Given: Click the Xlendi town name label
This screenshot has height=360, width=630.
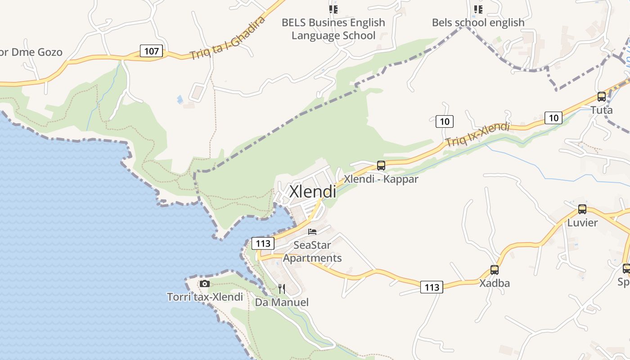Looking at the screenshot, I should click(313, 192).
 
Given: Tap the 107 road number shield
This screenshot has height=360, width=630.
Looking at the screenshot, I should click(151, 51).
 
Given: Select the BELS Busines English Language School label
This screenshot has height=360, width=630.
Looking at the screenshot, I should click(333, 29).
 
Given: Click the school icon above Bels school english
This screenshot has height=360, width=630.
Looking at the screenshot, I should click(478, 9).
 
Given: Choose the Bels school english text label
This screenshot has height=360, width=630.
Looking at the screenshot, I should click(478, 22).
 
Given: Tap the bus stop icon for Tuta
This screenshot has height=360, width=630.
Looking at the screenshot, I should click(602, 96).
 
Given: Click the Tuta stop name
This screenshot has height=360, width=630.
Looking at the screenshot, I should click(602, 110).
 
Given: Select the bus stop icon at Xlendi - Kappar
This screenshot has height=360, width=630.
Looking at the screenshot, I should click(381, 166).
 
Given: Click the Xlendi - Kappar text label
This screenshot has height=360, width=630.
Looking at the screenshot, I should click(381, 179).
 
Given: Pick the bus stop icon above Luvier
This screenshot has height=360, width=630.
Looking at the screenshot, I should click(582, 209).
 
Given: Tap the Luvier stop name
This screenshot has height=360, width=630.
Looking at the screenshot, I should click(582, 223).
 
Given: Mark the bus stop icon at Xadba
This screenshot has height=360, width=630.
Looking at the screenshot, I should click(495, 270).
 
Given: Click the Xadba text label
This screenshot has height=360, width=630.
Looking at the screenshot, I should click(495, 283).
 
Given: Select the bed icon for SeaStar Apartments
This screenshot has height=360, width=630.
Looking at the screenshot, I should click(312, 232).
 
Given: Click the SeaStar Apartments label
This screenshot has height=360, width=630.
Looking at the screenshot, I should click(312, 252).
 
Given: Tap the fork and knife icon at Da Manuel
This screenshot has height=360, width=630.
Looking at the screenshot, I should click(282, 288).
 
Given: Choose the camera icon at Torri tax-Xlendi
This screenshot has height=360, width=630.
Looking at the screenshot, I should click(205, 283).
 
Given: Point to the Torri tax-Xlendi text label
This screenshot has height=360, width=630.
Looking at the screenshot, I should click(205, 297).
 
